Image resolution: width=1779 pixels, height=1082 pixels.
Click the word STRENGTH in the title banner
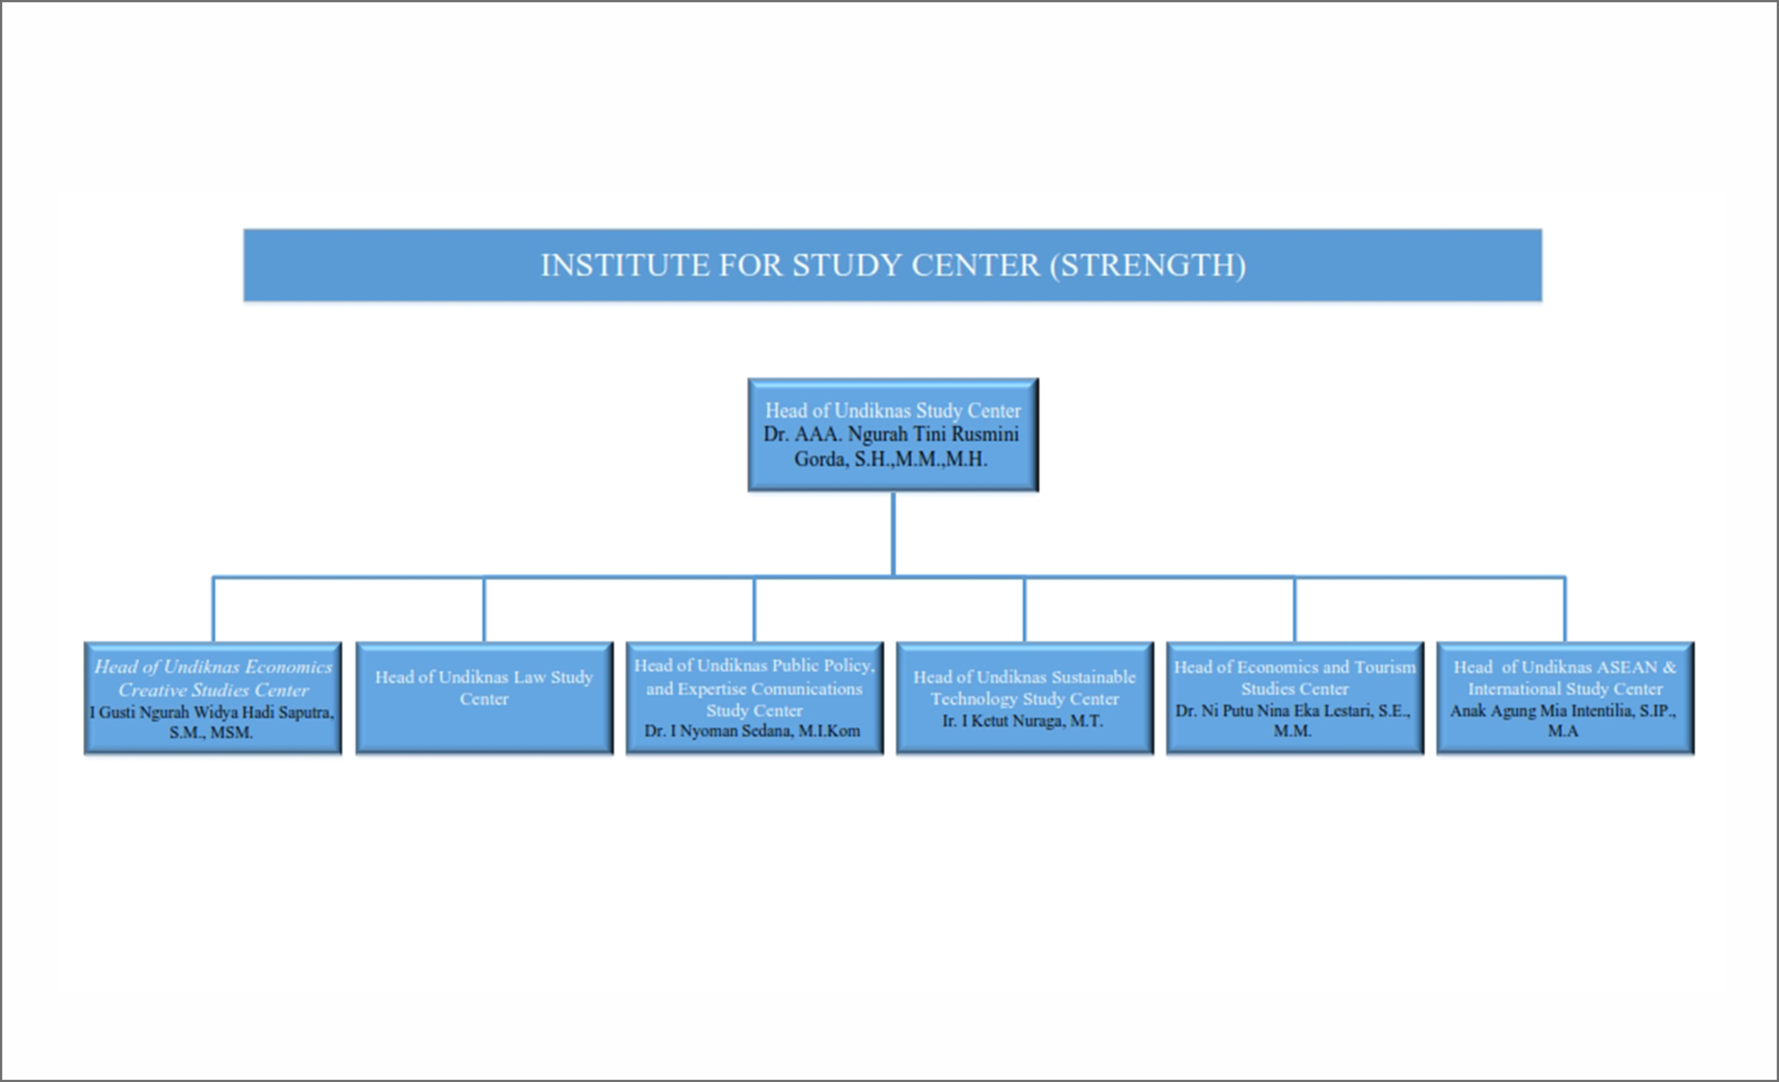(1148, 265)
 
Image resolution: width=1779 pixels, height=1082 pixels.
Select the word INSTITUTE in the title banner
(625, 265)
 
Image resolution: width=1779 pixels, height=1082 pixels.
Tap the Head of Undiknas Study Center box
(893, 435)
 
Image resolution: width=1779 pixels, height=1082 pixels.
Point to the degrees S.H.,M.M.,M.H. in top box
(921, 459)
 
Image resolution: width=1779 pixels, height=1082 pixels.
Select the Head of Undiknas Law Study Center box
(485, 697)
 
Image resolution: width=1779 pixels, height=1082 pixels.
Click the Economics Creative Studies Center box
(213, 697)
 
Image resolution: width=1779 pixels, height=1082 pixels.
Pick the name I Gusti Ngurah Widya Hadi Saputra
(211, 712)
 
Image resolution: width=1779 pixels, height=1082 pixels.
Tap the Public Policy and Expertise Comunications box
(755, 697)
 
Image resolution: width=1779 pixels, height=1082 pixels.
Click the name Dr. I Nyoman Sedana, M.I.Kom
(752, 731)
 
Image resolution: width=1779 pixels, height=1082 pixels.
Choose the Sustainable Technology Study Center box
(1024, 697)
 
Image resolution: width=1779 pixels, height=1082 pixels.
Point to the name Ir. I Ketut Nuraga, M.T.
(1022, 721)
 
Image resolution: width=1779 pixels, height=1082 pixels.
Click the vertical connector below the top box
(893, 535)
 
